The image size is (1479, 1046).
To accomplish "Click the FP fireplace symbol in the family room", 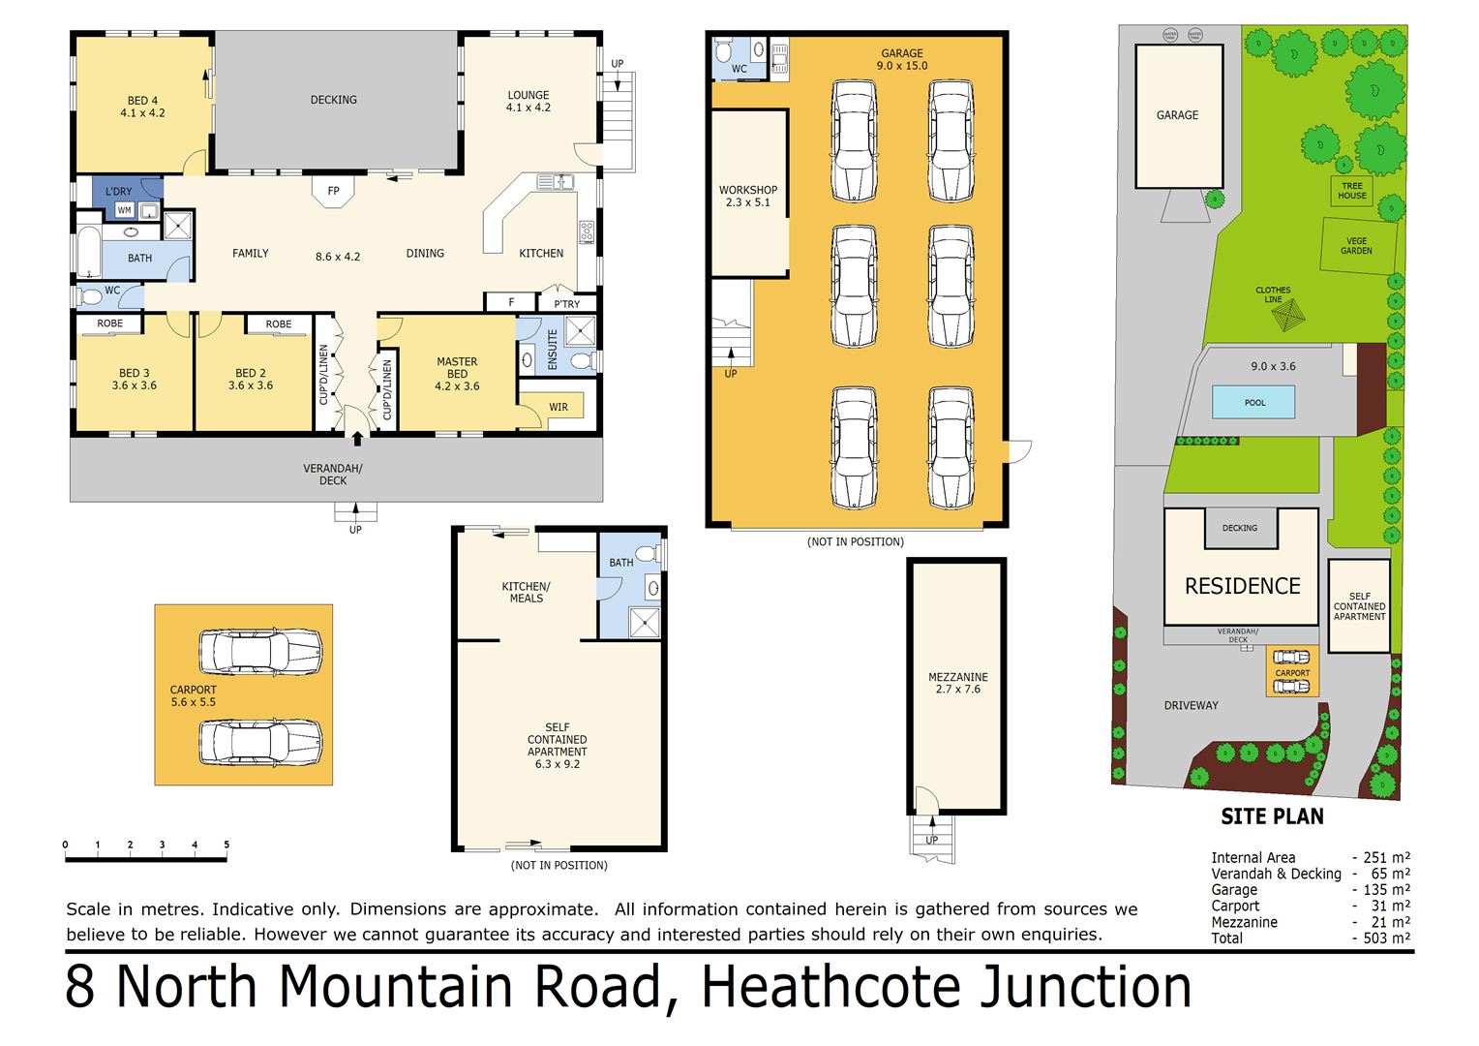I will pos(333,190).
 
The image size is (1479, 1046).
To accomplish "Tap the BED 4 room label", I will pos(142,107).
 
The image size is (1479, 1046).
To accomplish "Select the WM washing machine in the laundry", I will pos(124,210).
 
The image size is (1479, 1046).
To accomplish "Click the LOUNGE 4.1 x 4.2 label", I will pos(528,102).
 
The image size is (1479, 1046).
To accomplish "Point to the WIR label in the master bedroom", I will pos(558,407).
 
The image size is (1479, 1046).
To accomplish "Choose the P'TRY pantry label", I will pos(567,304).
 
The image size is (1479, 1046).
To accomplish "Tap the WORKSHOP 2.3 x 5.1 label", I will pos(747,197).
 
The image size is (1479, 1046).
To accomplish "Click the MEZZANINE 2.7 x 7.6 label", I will pos(957,683).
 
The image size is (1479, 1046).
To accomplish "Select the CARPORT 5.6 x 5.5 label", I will pos(194,695).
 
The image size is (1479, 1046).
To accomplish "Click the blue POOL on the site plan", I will pos(1254,402).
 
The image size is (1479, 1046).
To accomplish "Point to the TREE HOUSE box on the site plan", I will pos(1351,191).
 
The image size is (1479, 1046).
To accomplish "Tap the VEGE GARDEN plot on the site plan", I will pos(1357,246).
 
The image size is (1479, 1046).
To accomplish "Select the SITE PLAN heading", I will pos(1272,816).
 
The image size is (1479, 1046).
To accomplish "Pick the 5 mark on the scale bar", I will pos(226,846).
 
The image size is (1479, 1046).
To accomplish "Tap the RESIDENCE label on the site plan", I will pos(1242,586).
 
